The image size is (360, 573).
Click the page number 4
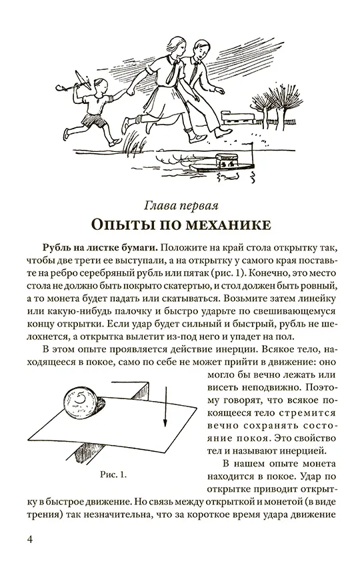(x=30, y=539)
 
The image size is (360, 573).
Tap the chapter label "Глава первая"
(x=181, y=207)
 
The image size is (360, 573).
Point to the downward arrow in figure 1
(x=165, y=408)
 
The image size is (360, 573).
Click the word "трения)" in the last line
(x=43, y=514)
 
